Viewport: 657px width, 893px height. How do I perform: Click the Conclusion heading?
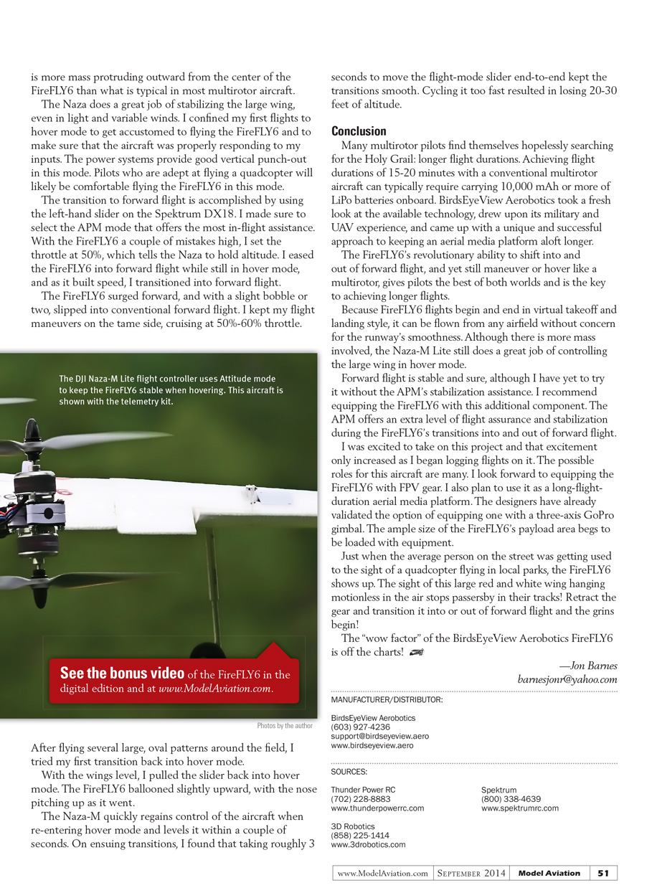click(x=359, y=131)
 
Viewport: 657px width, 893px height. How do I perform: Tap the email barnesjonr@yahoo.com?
click(x=567, y=679)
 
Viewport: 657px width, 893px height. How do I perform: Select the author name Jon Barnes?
click(x=592, y=666)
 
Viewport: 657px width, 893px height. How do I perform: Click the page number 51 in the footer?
click(x=603, y=873)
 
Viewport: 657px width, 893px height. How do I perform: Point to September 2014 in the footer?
click(x=471, y=873)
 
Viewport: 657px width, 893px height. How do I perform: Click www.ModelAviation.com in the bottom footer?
click(x=382, y=873)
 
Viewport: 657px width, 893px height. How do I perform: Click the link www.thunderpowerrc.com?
click(x=377, y=808)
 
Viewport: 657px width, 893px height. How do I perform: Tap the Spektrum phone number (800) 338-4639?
click(x=511, y=799)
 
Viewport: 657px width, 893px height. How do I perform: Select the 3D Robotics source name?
click(x=353, y=826)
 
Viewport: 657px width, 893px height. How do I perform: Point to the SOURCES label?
click(x=349, y=772)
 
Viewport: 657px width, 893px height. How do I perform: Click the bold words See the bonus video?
click(x=122, y=674)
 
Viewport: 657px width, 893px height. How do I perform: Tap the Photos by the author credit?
click(x=285, y=726)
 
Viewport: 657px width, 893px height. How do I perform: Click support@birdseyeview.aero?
click(x=379, y=736)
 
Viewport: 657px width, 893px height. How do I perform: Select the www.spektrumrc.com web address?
click(x=519, y=808)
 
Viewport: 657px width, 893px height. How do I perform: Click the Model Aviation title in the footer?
click(x=549, y=873)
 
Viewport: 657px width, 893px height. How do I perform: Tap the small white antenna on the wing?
click(x=251, y=494)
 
